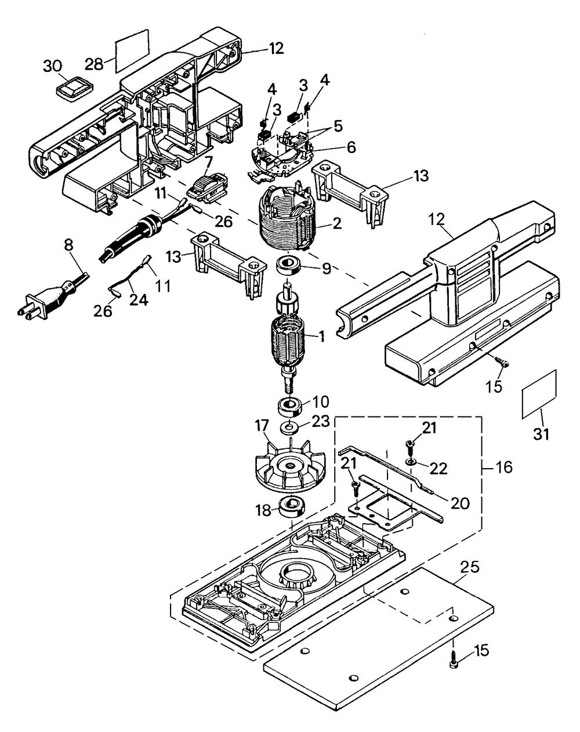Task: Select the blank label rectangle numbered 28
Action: tap(132, 50)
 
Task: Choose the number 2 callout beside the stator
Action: tap(337, 224)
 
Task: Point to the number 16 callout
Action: tap(504, 468)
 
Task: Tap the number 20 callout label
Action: tap(459, 503)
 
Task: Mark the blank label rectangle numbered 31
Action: tap(539, 394)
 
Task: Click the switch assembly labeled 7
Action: tap(206, 188)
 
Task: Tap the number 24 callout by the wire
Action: tap(139, 300)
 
